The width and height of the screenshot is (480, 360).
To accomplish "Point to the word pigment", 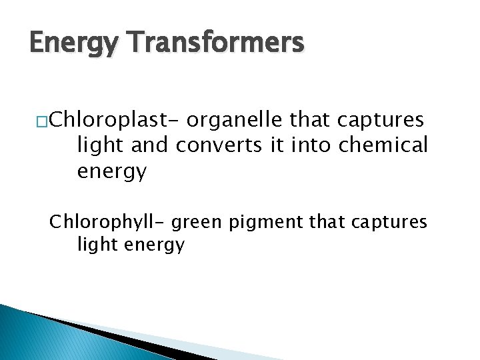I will point(263,222).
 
